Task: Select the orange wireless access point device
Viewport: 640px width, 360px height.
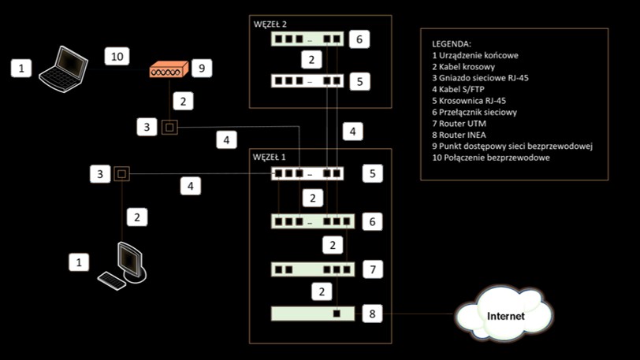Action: pyautogui.click(x=169, y=70)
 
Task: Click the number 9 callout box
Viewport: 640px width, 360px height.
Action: pyautogui.click(x=201, y=69)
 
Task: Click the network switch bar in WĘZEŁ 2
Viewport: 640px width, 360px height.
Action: pyautogui.click(x=307, y=39)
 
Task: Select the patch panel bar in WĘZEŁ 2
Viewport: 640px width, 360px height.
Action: pyautogui.click(x=307, y=80)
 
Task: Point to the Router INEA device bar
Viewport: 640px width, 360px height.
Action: pyautogui.click(x=311, y=314)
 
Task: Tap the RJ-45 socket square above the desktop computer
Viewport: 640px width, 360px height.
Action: pyautogui.click(x=121, y=174)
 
